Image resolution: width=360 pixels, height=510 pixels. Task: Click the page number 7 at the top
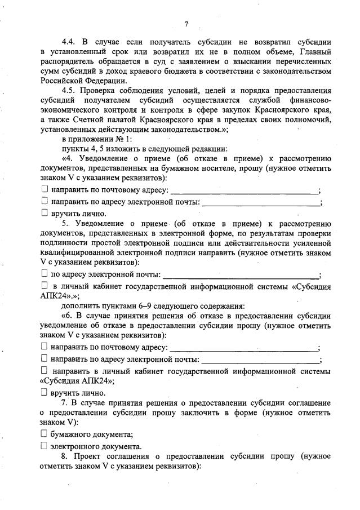[x=185, y=23]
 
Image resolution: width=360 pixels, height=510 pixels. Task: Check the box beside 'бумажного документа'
[x=45, y=433]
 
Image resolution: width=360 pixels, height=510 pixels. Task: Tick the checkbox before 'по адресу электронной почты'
[x=45, y=274]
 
